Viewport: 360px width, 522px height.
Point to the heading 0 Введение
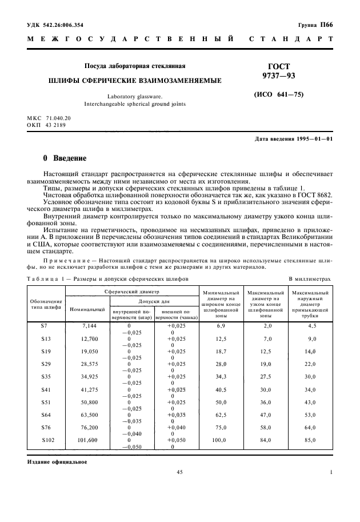(65, 158)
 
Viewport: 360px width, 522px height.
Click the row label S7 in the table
(45, 325)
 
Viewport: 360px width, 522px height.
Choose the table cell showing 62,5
(222, 415)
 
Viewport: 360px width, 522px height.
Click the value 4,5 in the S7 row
(311, 325)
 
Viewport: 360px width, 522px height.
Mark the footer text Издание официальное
(57, 461)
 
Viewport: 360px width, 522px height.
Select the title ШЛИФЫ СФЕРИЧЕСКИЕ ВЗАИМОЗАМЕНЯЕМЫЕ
(135, 81)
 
